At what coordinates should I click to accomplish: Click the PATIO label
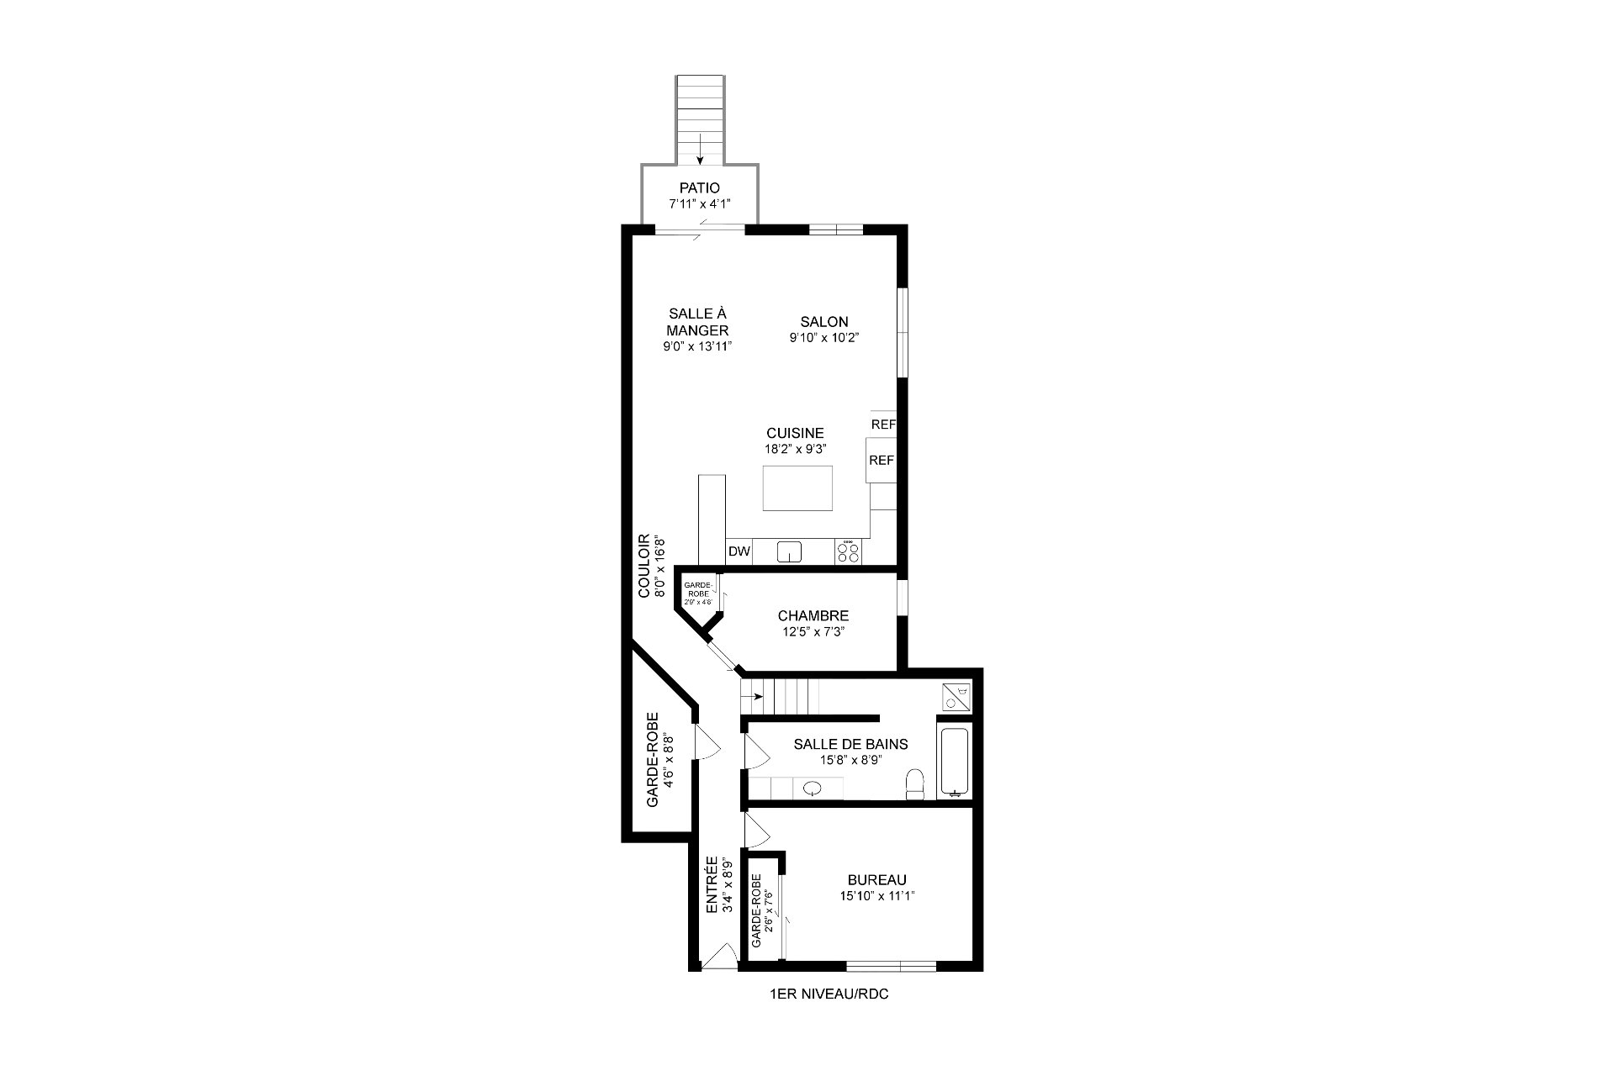coord(700,188)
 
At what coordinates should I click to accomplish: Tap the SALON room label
coord(824,322)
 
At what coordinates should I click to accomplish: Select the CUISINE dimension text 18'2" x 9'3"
coord(795,449)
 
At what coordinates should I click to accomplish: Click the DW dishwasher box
coord(739,551)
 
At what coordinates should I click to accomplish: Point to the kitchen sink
coord(789,551)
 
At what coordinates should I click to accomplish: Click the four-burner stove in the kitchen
coord(849,551)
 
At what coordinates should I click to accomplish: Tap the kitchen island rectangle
coord(797,488)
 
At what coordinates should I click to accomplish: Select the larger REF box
coord(881,461)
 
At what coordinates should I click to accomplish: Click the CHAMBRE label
coord(813,616)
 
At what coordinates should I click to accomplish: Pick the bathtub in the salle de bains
coord(954,762)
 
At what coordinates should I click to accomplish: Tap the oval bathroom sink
coord(813,789)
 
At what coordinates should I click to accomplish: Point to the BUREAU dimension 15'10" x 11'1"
coord(877,896)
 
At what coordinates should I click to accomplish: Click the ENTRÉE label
coord(712,885)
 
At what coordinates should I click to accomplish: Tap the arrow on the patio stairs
coord(700,149)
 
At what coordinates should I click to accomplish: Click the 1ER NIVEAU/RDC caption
coord(829,994)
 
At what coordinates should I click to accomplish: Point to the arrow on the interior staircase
coord(754,696)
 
